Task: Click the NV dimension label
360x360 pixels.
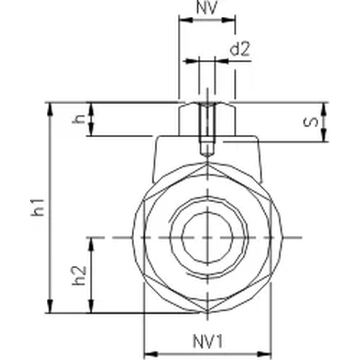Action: tap(207, 9)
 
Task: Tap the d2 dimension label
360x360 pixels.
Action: tap(239, 49)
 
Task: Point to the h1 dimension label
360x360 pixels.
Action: tap(39, 207)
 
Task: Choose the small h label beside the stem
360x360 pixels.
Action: tap(78, 119)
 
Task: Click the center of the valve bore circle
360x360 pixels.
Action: tap(207, 238)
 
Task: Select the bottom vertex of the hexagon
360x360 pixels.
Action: tap(207, 313)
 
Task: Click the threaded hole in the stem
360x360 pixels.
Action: tap(207, 128)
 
